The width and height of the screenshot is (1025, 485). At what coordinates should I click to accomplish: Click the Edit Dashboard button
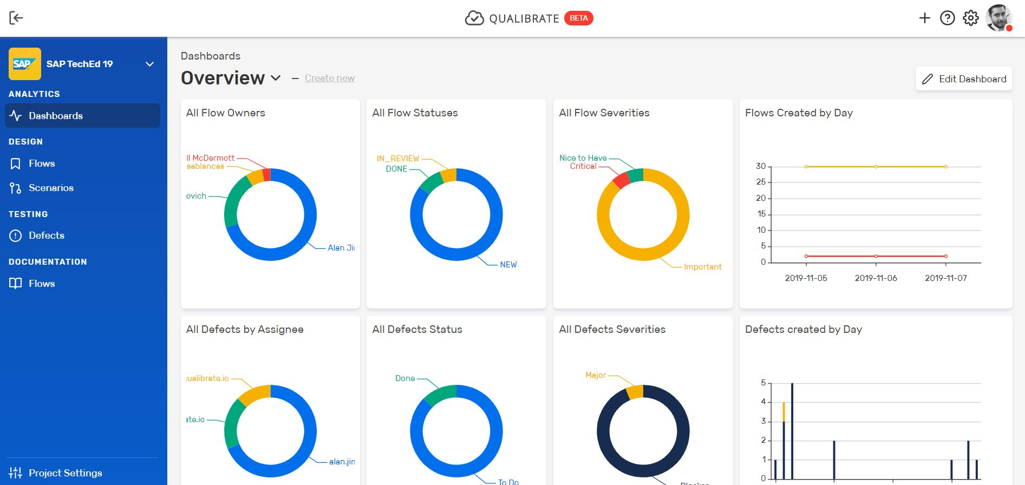click(964, 79)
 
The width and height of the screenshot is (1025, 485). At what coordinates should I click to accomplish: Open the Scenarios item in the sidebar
click(51, 188)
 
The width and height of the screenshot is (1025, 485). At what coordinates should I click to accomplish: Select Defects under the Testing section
click(46, 235)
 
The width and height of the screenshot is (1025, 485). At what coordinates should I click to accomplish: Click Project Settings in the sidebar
click(65, 473)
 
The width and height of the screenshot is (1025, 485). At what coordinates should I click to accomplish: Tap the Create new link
click(330, 78)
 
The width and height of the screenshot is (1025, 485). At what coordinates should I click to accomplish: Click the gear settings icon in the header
click(970, 18)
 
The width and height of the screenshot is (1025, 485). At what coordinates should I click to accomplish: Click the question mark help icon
click(947, 18)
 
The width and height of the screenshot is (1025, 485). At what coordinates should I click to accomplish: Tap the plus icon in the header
click(924, 18)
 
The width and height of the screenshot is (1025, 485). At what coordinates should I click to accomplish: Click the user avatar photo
click(998, 18)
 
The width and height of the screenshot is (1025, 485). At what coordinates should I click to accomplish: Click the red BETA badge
click(578, 18)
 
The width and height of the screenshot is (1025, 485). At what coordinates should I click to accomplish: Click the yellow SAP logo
click(24, 64)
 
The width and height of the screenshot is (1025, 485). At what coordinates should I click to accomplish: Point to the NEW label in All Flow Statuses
click(508, 265)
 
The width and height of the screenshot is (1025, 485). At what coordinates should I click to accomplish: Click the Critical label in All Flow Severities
click(583, 166)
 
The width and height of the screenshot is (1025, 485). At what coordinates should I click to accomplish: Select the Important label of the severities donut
click(702, 267)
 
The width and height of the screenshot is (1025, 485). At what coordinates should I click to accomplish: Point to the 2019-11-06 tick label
click(876, 278)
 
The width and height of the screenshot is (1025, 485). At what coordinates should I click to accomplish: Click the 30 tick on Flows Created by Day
click(761, 166)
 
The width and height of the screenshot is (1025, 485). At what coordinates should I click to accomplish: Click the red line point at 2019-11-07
click(945, 256)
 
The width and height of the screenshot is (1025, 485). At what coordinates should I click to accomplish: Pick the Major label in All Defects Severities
click(595, 375)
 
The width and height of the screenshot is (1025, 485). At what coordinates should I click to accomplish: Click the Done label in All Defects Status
click(404, 378)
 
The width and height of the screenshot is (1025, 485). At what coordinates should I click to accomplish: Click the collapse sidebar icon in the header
click(16, 18)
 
